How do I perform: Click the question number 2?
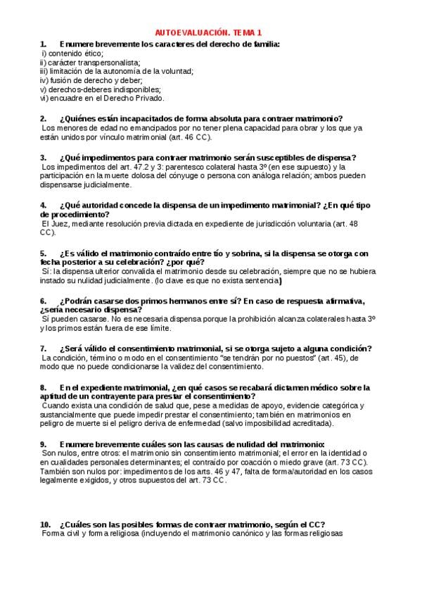(x=43, y=118)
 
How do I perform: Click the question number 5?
(x=43, y=253)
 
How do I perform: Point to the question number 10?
(x=45, y=524)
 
